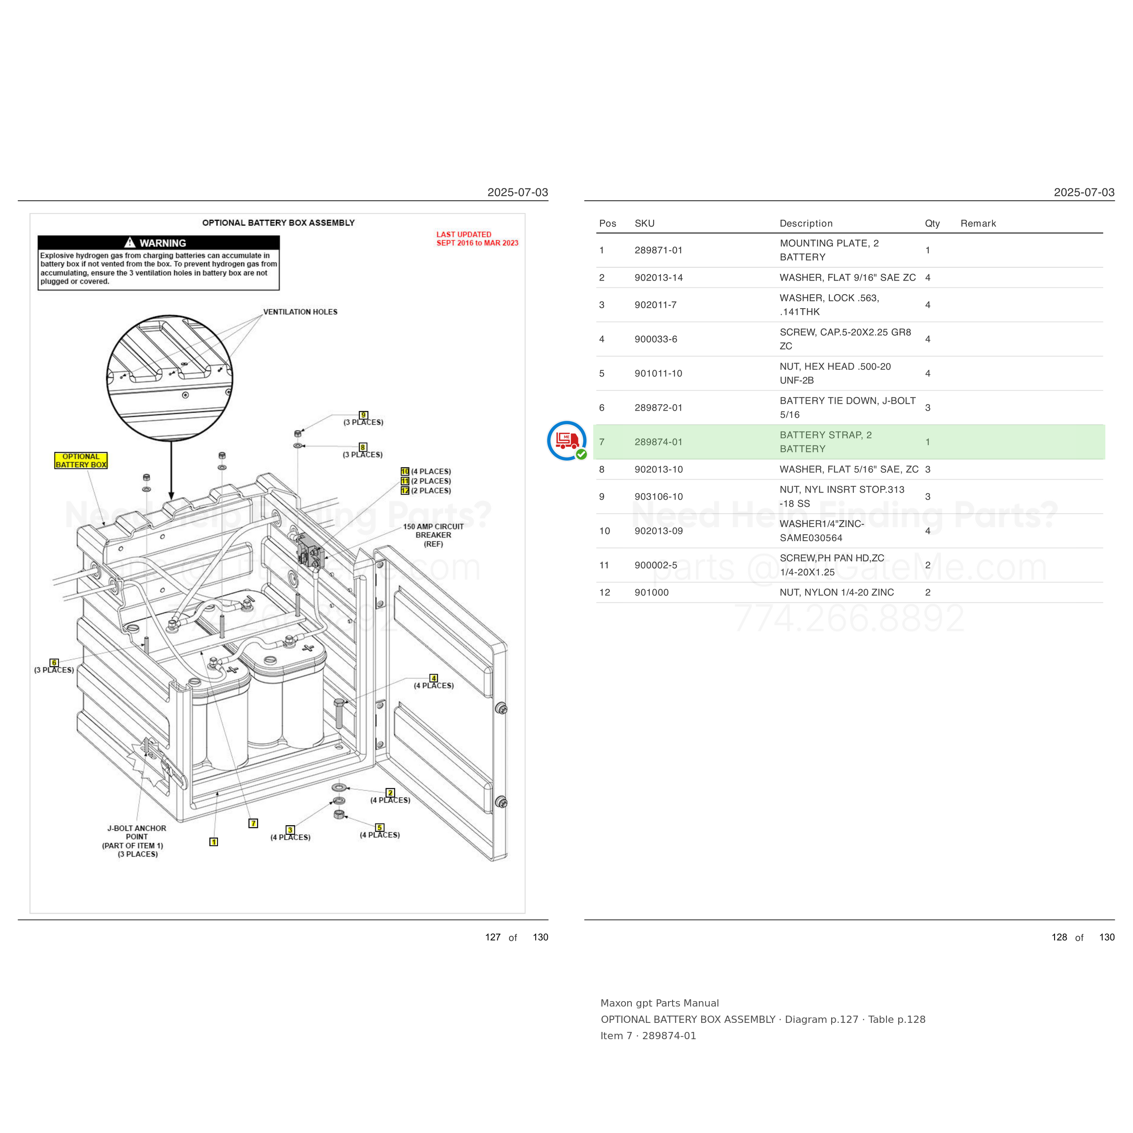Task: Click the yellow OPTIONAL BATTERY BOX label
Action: (81, 460)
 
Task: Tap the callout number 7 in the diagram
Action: (253, 823)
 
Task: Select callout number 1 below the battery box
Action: (214, 842)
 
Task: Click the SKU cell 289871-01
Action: (658, 251)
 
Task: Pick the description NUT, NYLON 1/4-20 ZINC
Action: (837, 592)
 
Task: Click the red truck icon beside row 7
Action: (566, 441)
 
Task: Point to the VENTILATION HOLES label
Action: (300, 312)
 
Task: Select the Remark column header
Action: (978, 223)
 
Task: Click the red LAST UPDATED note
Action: (477, 239)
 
